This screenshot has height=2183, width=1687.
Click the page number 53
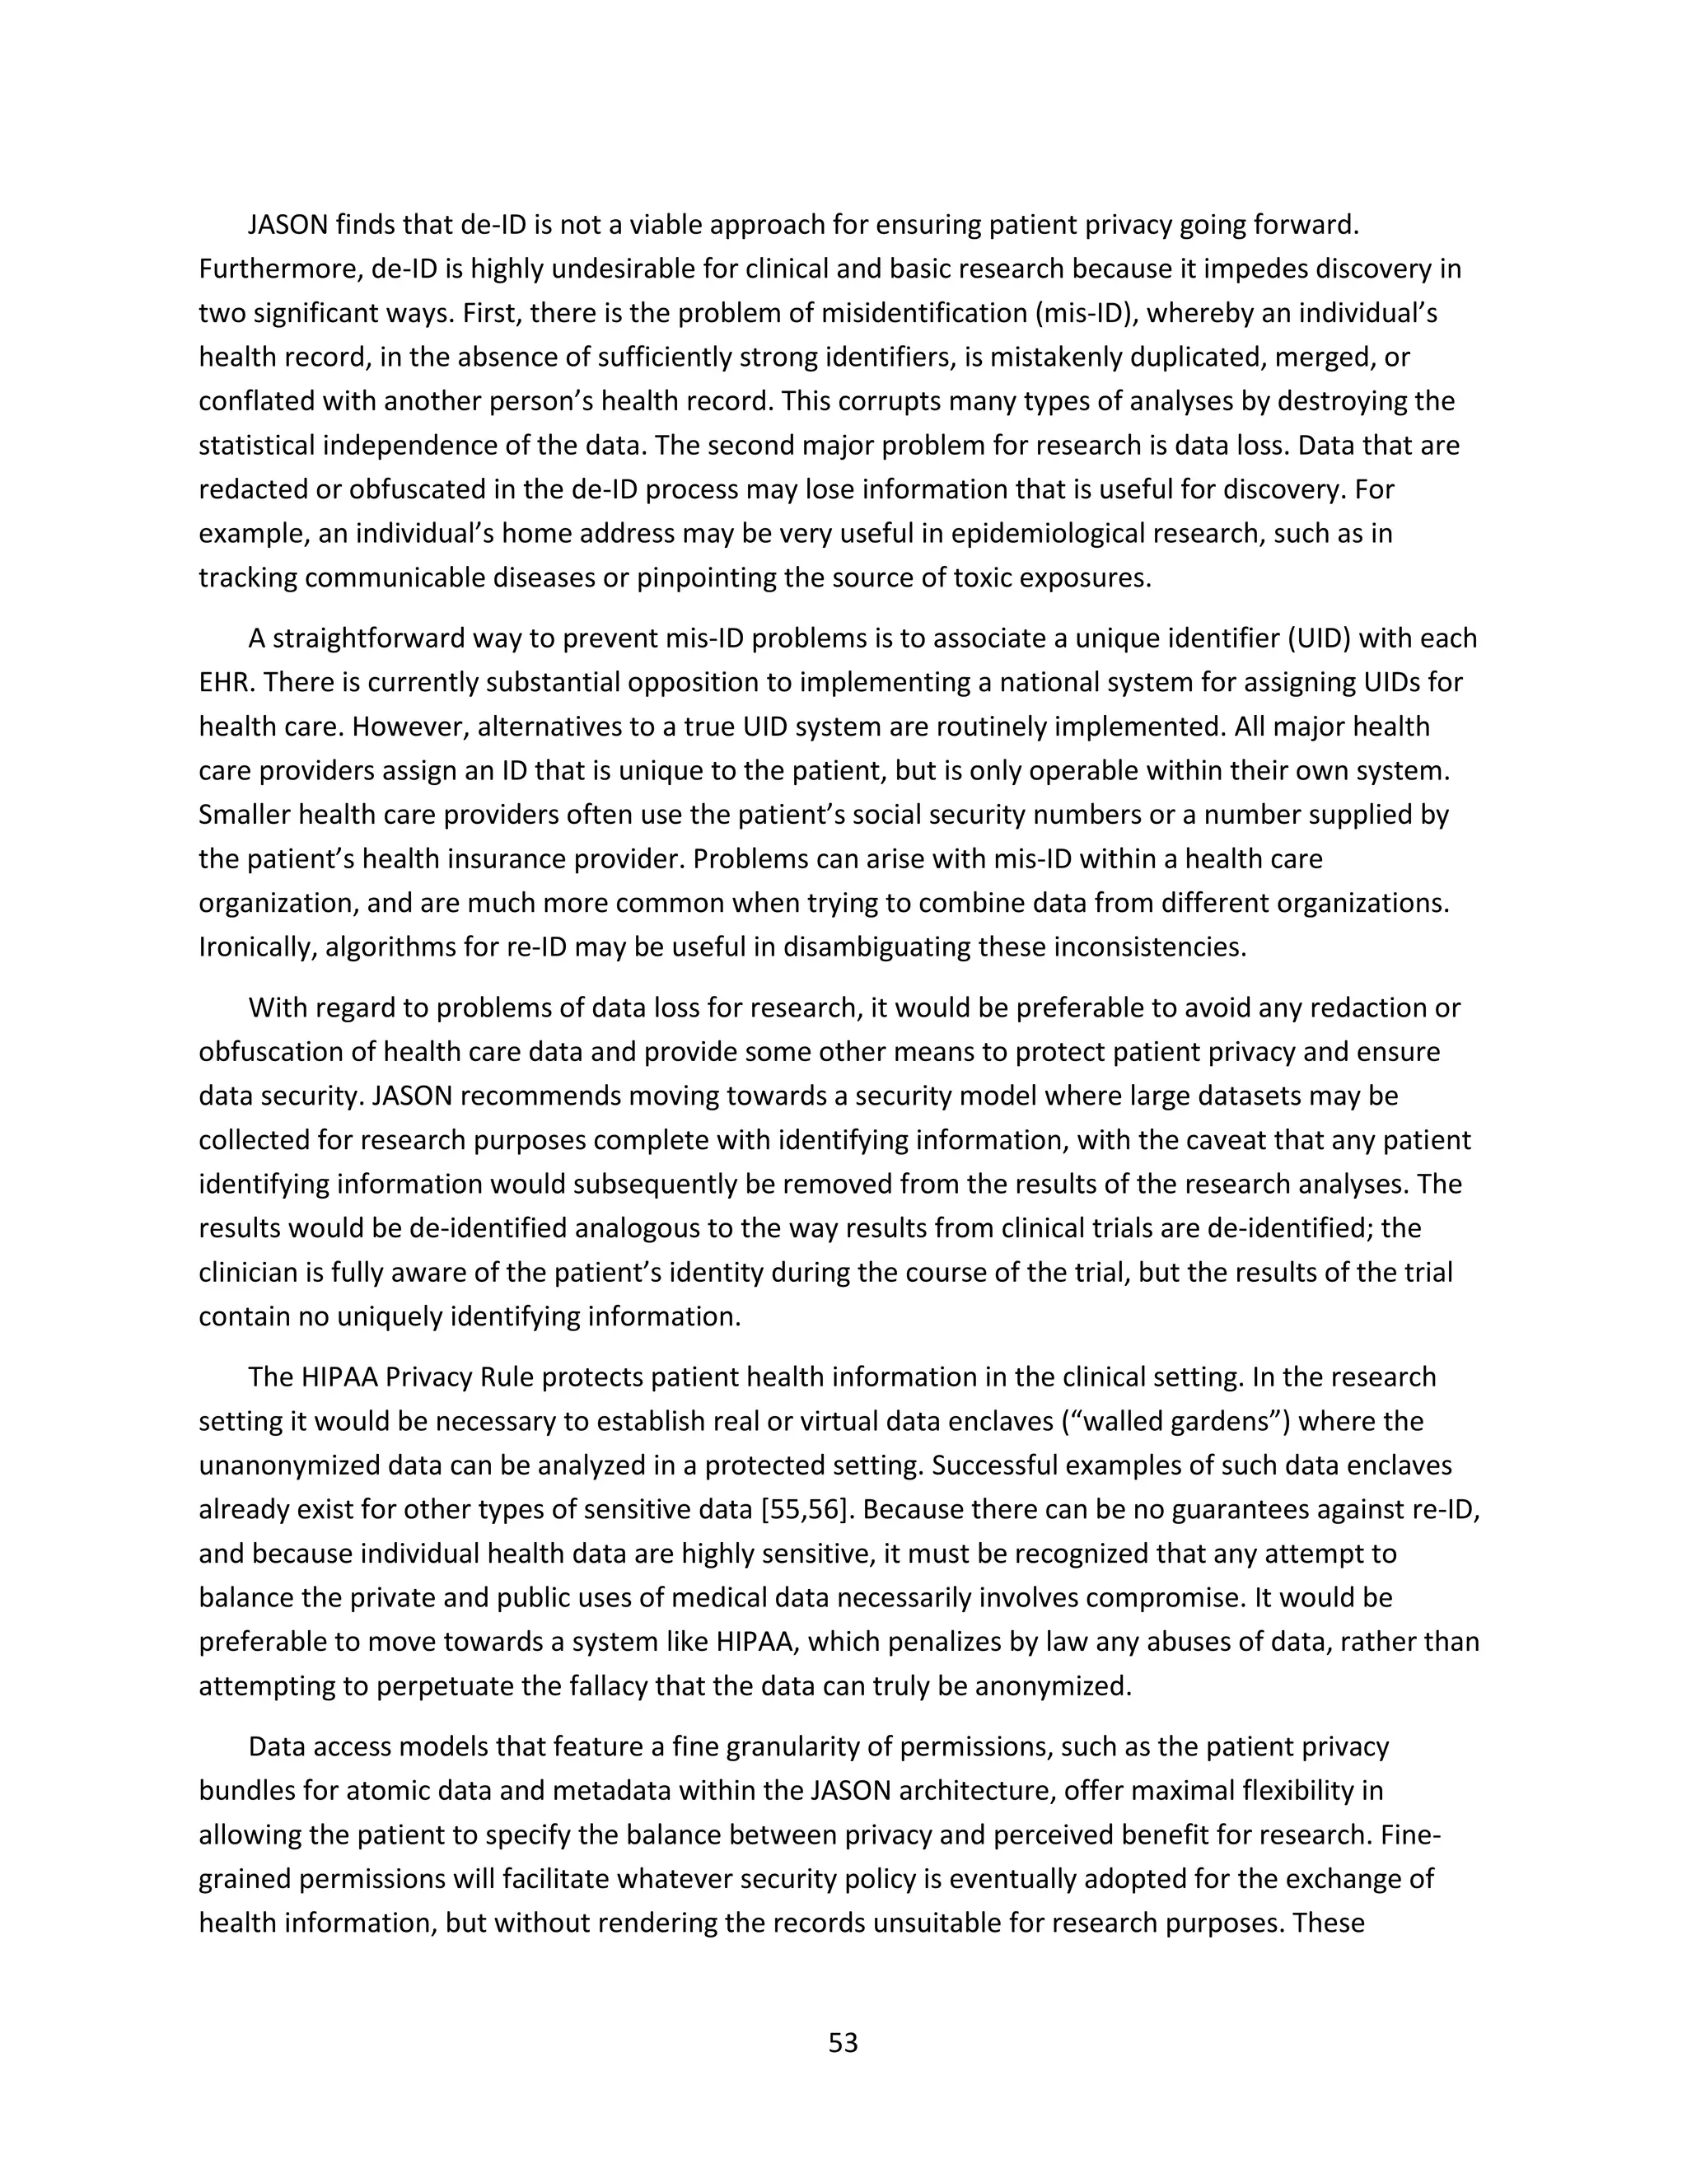(843, 2042)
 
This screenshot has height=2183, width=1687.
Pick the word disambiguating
(876, 947)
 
